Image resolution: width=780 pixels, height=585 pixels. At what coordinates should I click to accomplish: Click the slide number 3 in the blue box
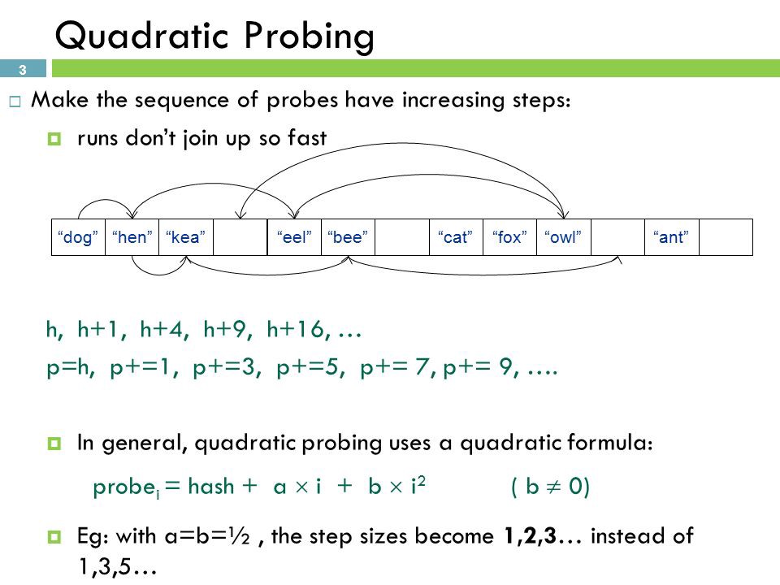click(x=23, y=70)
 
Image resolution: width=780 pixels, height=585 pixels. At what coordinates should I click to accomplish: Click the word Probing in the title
click(x=309, y=37)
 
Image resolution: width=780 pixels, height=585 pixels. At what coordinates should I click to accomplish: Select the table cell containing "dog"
click(x=78, y=237)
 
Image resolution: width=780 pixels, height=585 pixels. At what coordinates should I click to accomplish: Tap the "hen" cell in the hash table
click(x=132, y=237)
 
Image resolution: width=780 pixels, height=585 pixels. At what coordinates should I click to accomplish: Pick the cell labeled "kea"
click(x=186, y=237)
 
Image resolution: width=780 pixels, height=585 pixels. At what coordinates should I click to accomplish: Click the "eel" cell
click(x=294, y=237)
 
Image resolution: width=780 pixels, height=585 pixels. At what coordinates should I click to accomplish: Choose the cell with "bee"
click(x=349, y=237)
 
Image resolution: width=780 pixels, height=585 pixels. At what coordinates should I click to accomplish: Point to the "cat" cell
click(x=456, y=237)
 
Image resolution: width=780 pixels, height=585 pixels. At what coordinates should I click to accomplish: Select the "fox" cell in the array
click(x=510, y=237)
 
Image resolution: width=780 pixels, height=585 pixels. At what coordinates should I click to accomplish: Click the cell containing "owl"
click(x=564, y=237)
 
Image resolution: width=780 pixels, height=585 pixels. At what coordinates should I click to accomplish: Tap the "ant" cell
click(x=672, y=237)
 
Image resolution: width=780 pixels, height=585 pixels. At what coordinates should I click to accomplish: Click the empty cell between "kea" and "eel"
click(x=240, y=237)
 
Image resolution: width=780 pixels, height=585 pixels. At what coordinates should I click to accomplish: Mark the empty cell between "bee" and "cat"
click(x=402, y=237)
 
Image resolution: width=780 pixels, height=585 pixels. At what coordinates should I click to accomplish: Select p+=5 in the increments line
click(x=310, y=367)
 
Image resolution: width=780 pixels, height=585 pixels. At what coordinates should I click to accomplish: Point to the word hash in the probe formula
click(x=211, y=486)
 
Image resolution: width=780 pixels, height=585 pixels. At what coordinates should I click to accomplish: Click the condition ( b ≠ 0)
click(x=550, y=486)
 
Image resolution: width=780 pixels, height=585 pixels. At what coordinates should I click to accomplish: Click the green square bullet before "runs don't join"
click(x=54, y=138)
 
